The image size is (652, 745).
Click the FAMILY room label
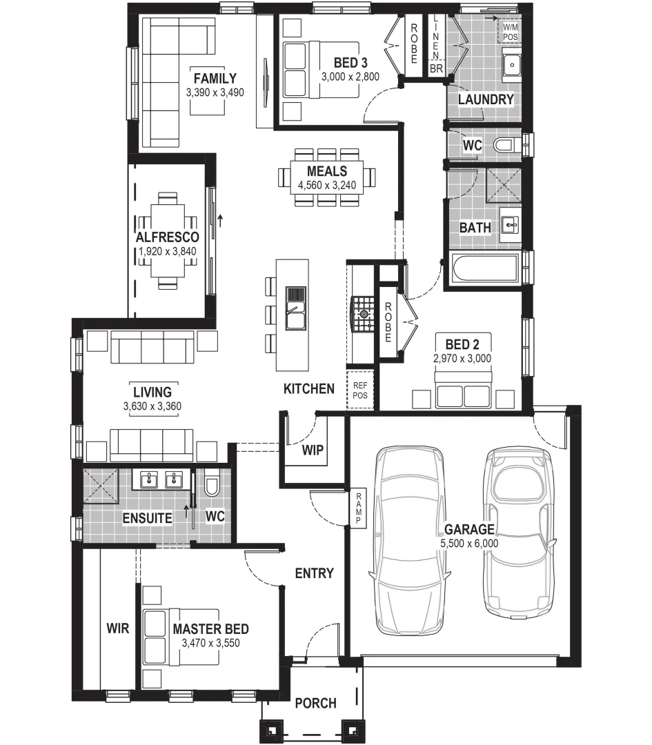click(215, 79)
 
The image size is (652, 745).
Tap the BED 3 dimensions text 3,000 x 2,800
click(350, 77)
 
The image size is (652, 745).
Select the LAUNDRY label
click(486, 99)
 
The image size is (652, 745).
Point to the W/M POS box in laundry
click(511, 31)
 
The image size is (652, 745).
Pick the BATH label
click(475, 228)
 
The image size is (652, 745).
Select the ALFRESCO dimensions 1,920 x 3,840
click(167, 252)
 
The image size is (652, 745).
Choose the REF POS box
click(360, 391)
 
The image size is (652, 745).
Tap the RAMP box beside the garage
click(359, 509)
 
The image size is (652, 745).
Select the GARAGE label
click(469, 530)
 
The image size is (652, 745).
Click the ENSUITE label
click(147, 517)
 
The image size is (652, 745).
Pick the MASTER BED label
click(210, 629)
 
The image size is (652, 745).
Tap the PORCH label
click(315, 703)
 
